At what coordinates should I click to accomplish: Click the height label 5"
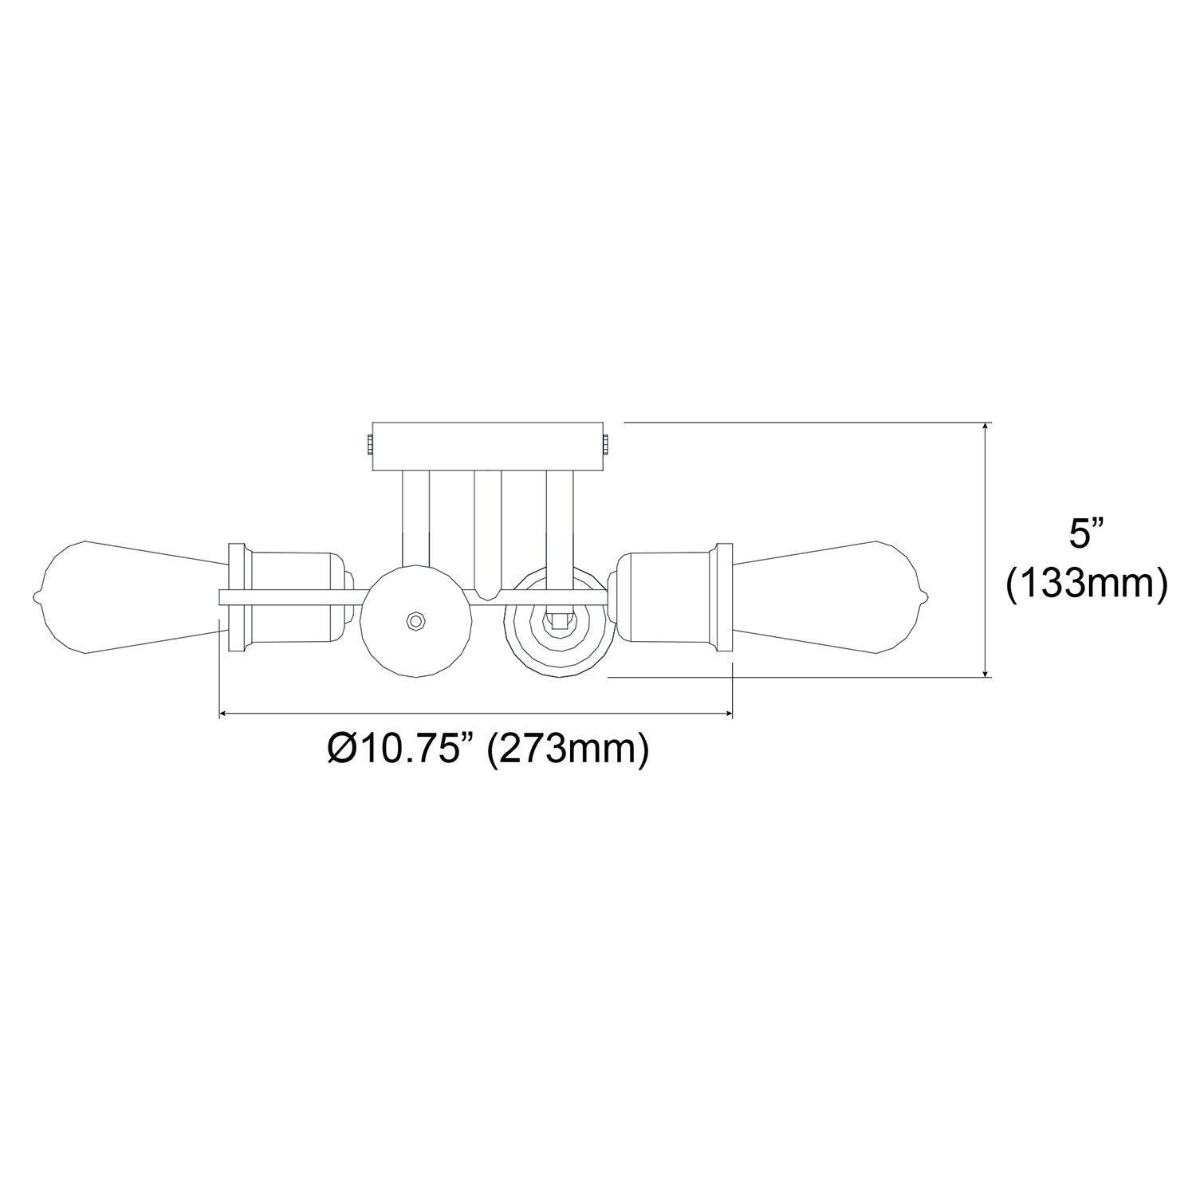click(x=1085, y=533)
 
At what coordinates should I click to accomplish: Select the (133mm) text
click(x=1086, y=584)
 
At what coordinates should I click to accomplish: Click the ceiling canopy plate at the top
click(x=488, y=448)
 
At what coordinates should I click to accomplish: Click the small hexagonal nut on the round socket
click(x=415, y=620)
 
